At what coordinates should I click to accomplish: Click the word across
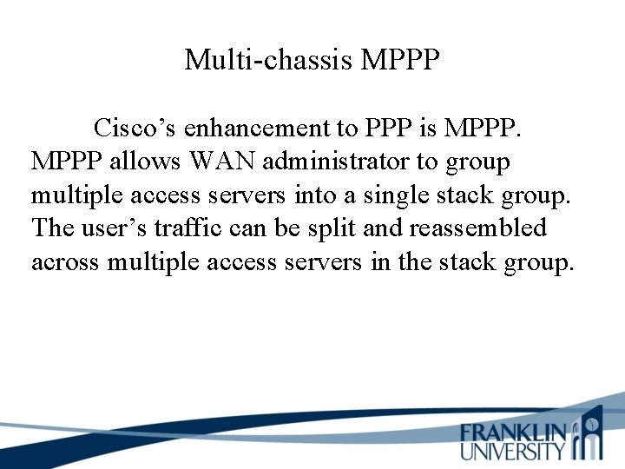(x=65, y=261)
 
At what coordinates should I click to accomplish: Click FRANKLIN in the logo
(x=514, y=433)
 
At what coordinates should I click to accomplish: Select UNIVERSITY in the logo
(x=514, y=451)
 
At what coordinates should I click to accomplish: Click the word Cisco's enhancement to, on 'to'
(x=346, y=129)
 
